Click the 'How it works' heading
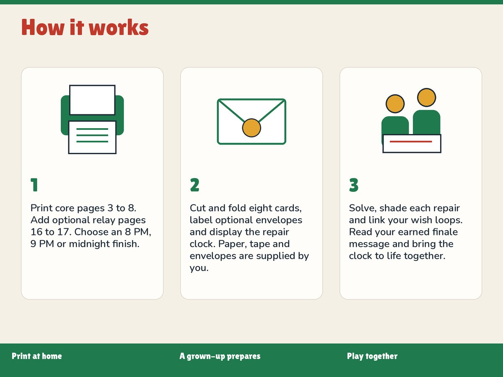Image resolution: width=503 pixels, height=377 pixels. point(85,28)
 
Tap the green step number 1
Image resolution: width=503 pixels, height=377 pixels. point(34,185)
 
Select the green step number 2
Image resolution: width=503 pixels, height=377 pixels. point(194,185)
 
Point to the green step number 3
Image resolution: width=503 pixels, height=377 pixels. point(354,185)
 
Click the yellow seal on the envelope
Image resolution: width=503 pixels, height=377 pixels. point(251,128)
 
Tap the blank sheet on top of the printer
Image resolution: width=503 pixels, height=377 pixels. point(92,100)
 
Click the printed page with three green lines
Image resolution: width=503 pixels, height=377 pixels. point(92,137)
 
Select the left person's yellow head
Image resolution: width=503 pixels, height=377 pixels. point(395,104)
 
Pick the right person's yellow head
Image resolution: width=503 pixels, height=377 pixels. point(426,98)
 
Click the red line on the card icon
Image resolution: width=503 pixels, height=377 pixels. point(411,142)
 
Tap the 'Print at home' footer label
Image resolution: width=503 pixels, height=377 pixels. point(36,356)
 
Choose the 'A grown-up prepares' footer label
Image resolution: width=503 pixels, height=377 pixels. point(220,356)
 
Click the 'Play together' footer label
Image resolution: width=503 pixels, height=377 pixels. point(372,356)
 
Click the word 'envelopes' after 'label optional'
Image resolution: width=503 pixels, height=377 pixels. point(279,220)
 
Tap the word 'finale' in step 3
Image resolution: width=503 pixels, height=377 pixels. point(445,232)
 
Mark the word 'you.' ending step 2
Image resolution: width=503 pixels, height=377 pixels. point(199,268)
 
